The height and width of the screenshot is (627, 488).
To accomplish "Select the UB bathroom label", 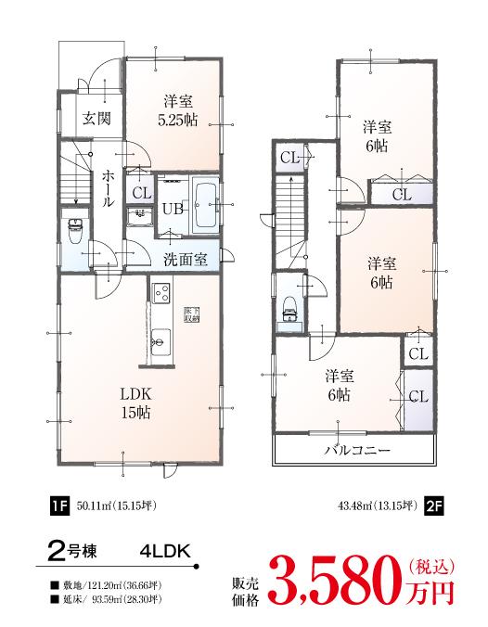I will click(173, 209).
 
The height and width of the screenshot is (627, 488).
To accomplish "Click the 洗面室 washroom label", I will click(186, 259).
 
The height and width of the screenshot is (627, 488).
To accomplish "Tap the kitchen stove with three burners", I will click(161, 295).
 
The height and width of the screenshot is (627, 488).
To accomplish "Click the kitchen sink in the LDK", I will click(161, 339).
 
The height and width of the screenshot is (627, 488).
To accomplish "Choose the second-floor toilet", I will click(288, 307).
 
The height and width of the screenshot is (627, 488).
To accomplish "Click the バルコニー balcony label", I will click(355, 450).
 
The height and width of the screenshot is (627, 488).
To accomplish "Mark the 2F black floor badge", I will click(434, 505).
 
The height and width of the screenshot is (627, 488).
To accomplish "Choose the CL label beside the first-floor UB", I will click(141, 194).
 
